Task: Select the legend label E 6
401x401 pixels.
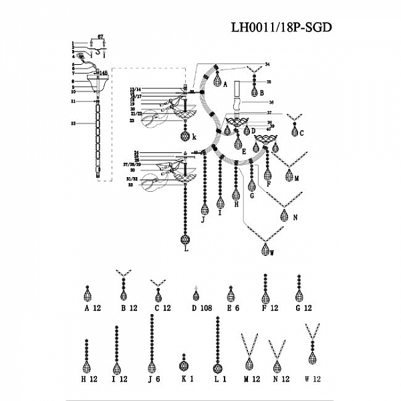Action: coord(232,308)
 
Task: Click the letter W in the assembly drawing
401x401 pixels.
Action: coord(271,253)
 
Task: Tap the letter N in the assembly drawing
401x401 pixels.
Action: coord(294,217)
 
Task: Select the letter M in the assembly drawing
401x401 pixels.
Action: coord(296,178)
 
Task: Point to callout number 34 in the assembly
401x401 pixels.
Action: coord(267,64)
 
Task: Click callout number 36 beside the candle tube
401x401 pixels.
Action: coord(271,102)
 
